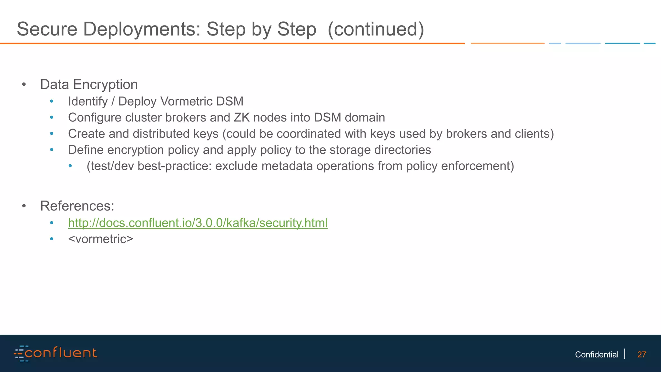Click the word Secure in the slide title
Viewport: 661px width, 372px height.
[47, 29]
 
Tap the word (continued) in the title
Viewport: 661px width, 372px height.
[376, 29]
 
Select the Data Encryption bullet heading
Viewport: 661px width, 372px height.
[89, 85]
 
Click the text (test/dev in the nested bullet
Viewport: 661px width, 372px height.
[110, 166]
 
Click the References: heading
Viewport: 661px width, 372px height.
[77, 206]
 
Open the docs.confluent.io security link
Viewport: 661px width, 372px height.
[198, 223]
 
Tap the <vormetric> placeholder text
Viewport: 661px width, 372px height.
[100, 239]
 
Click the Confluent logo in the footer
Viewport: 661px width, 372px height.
[55, 353]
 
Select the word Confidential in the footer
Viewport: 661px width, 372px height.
[596, 355]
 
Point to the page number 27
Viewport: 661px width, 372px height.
[642, 355]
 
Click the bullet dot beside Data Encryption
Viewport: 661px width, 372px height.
[24, 85]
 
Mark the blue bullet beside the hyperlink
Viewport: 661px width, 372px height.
[52, 223]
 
